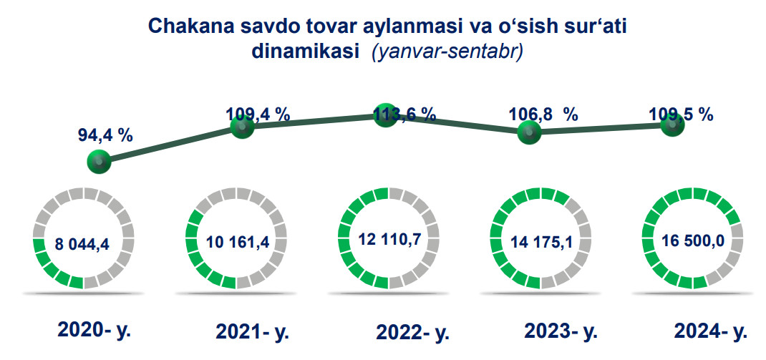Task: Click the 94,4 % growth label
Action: pos(105,135)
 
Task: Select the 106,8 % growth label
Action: pos(544,115)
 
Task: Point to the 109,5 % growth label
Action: pos(681,115)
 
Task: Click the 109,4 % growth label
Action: pos(258,115)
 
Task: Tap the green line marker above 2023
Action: pos(530,132)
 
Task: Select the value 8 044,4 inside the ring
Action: pos(82,244)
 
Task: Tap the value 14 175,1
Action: pos(541,241)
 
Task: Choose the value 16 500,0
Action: pos(693,240)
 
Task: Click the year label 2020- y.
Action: pos(94,331)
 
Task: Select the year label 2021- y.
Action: pos(253,332)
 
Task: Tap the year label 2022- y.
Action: pos(413,333)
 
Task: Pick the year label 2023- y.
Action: pos(561,331)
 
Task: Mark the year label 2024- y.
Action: pos(711,331)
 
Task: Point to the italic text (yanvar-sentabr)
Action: pos(447,52)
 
